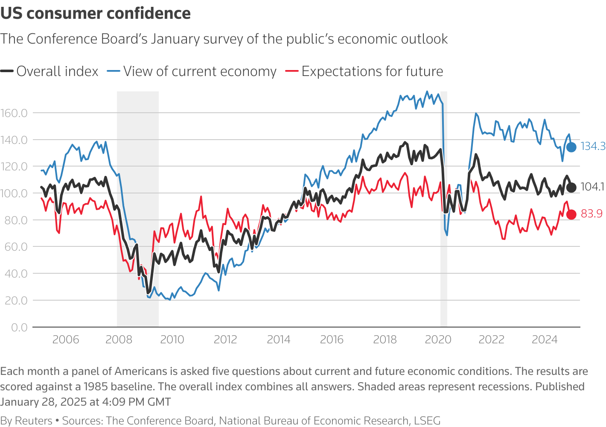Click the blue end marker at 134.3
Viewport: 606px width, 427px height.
pos(571,147)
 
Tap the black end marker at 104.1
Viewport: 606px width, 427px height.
pos(571,187)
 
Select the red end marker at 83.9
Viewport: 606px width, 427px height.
pos(571,214)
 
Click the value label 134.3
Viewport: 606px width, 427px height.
pos(593,146)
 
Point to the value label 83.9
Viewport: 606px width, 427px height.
pos(591,214)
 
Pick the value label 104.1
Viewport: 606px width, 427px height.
pos(592,187)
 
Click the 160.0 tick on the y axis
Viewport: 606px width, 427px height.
pos(14,113)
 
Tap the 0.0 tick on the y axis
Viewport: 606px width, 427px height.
pos(19,328)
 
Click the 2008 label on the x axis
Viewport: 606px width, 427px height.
pos(119,340)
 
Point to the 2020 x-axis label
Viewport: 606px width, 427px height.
pos(438,340)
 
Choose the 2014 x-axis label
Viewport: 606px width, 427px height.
pos(278,340)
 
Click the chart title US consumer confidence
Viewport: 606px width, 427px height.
pos(96,13)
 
